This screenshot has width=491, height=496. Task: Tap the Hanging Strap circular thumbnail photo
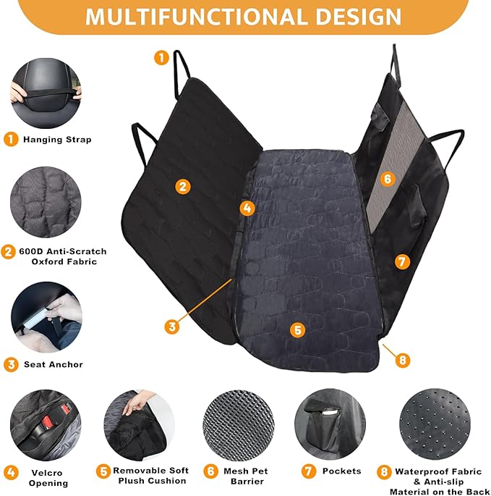click(46, 92)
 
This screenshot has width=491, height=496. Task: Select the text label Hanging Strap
click(57, 139)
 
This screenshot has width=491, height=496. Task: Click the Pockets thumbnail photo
click(325, 424)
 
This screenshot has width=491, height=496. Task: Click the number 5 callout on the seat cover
click(296, 329)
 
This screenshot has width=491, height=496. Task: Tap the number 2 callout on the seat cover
click(183, 186)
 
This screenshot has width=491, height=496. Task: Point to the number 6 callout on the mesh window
click(388, 178)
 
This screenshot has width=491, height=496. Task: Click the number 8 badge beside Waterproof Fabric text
click(384, 472)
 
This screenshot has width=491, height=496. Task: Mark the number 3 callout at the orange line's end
click(171, 327)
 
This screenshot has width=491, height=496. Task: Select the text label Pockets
click(341, 471)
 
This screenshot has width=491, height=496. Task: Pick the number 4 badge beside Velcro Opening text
click(11, 472)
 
